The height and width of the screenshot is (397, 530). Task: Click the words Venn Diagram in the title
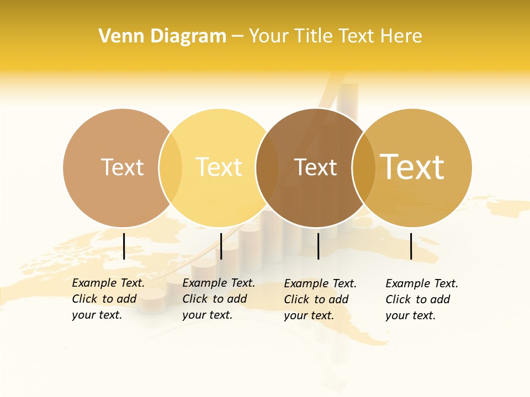162,36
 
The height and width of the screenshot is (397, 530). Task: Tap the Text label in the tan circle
122,167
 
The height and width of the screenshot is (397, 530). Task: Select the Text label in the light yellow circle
219,167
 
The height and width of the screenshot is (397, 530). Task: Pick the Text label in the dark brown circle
315,167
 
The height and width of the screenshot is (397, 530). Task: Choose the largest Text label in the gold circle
412,167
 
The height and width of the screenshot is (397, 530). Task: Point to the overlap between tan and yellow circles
171,168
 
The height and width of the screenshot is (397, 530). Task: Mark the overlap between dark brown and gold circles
364,168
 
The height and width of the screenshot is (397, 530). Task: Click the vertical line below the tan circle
124,246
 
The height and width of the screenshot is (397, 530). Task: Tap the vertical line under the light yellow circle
221,246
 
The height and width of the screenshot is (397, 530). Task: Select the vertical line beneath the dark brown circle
318,246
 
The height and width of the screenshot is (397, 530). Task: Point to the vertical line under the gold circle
411,246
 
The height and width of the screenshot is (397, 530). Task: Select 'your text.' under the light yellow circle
207,315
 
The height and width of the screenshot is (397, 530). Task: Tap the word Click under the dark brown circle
296,299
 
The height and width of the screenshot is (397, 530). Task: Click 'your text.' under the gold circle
410,316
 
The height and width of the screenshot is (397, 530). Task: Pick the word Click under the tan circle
84,299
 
